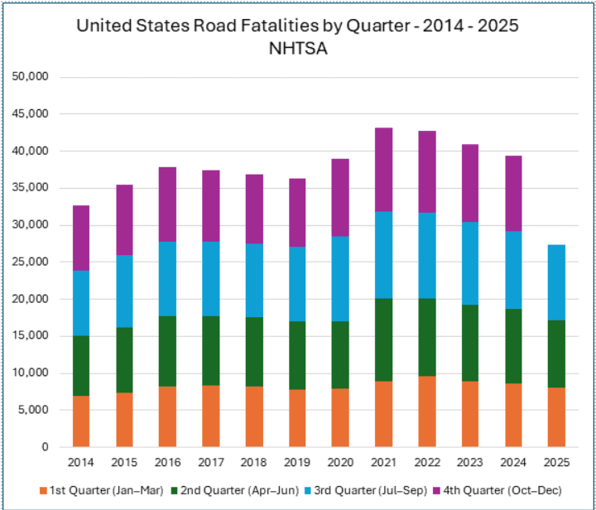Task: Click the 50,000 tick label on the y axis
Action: coord(31,77)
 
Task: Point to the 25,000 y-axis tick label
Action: coord(31,262)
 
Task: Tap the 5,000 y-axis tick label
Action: coord(35,410)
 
